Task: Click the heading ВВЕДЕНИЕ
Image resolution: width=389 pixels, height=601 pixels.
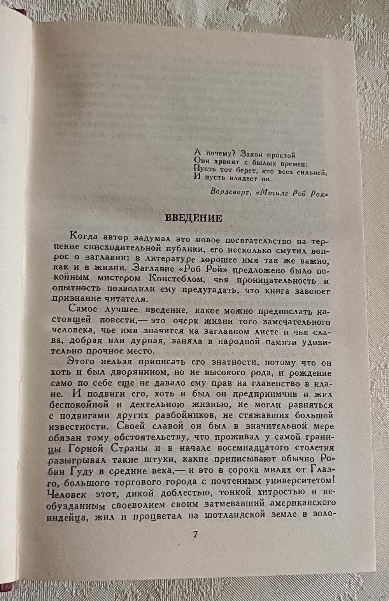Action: coord(193,218)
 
